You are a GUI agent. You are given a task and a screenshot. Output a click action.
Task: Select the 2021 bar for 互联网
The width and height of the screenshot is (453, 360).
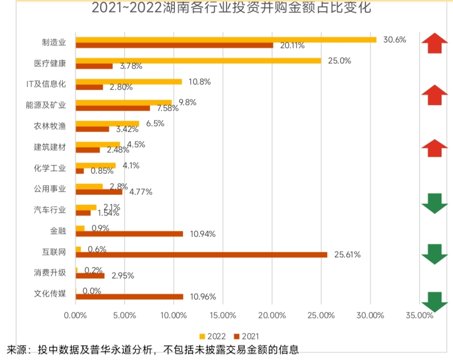(x=202, y=255)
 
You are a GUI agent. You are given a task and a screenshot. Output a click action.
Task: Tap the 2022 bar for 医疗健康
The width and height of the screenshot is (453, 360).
(x=198, y=61)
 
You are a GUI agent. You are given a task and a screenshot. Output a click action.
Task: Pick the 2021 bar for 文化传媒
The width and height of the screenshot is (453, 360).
(x=129, y=297)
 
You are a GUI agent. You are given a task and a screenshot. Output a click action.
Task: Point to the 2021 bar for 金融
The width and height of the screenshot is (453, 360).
(x=129, y=234)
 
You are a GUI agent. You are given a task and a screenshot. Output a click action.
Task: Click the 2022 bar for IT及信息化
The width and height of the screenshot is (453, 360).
(x=129, y=81)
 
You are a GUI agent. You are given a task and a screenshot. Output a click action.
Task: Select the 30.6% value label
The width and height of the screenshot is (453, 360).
(x=395, y=40)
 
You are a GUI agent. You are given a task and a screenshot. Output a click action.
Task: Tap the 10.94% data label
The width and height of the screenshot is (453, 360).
(x=203, y=234)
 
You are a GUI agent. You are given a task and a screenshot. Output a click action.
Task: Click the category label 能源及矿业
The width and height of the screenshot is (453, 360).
(x=46, y=105)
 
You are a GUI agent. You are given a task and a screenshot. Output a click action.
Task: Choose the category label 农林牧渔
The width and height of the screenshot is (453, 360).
(x=50, y=126)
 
